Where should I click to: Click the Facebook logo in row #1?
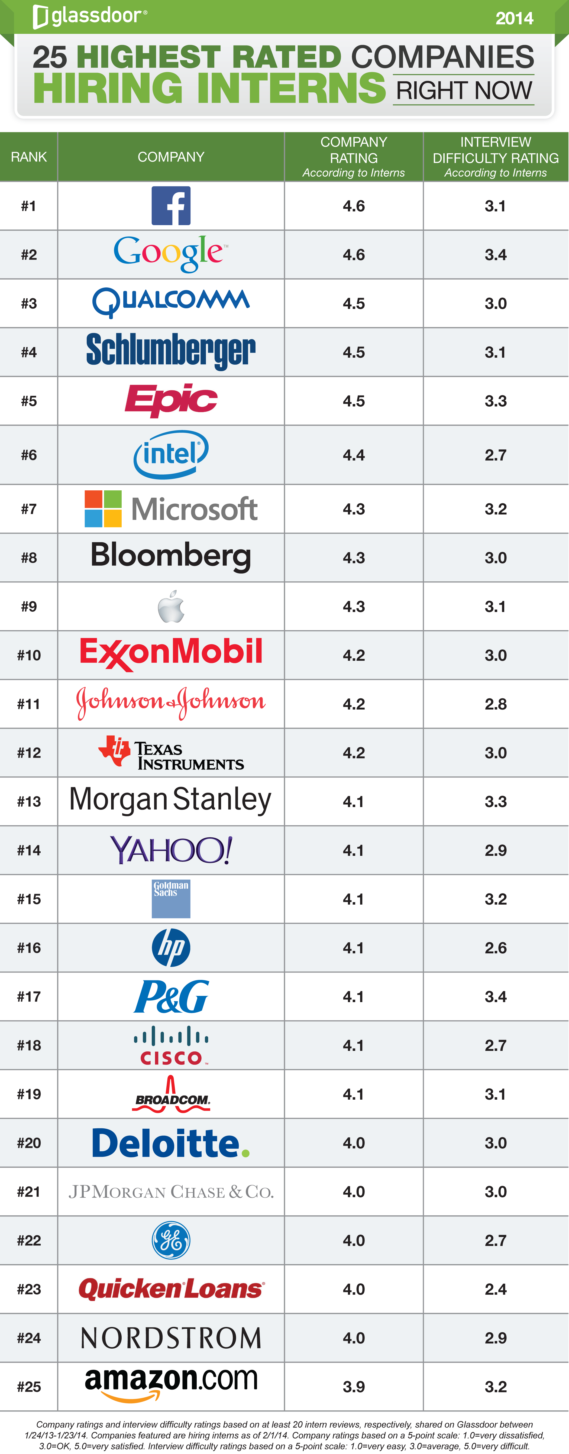tap(171, 205)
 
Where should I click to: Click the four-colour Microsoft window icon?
tap(103, 509)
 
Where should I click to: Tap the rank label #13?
tap(29, 802)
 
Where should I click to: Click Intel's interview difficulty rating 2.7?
tap(495, 455)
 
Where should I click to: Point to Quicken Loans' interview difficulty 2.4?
tap(495, 1289)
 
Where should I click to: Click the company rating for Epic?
tap(353, 401)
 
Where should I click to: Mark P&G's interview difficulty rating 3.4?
tap(495, 996)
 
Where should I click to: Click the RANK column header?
tap(29, 157)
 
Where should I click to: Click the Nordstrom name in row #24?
tap(171, 1338)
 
